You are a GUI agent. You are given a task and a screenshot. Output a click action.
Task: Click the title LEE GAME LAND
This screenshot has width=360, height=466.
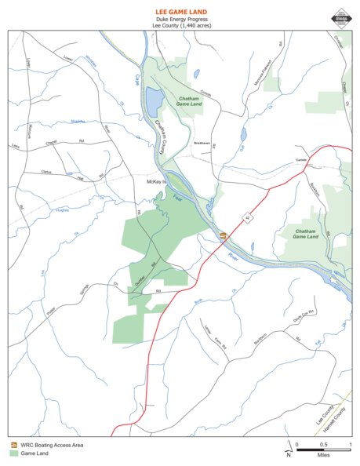[x=180, y=13]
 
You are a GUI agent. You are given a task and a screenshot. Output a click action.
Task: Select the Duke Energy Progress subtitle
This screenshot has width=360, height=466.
[x=180, y=20]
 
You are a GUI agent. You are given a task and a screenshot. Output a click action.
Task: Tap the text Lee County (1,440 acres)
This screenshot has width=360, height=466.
[x=180, y=26]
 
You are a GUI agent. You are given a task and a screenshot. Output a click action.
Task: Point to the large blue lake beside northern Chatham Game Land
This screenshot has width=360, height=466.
[x=154, y=100]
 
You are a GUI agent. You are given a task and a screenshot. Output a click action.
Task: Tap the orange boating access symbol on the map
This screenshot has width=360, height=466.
[x=224, y=235]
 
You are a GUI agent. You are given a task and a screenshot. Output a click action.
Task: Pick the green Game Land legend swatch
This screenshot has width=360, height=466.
[x=13, y=453]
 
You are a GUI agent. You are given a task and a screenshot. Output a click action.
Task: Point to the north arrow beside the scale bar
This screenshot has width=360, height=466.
[x=289, y=450]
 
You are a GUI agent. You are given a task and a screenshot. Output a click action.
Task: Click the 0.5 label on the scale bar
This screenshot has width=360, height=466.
[x=323, y=444]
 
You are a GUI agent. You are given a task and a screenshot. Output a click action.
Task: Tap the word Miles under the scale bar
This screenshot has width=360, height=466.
[x=323, y=455]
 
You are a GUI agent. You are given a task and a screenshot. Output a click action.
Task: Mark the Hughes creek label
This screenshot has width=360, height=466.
[x=64, y=210]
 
